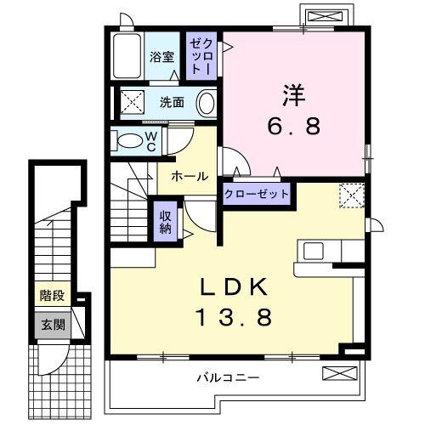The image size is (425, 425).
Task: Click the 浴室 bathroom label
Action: [x=161, y=59]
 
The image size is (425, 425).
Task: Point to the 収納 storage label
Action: [x=166, y=221]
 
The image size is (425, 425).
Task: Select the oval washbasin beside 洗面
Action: [x=207, y=104]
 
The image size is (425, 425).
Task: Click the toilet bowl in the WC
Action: [x=129, y=140]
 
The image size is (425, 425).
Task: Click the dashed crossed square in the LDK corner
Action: [x=351, y=195]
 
